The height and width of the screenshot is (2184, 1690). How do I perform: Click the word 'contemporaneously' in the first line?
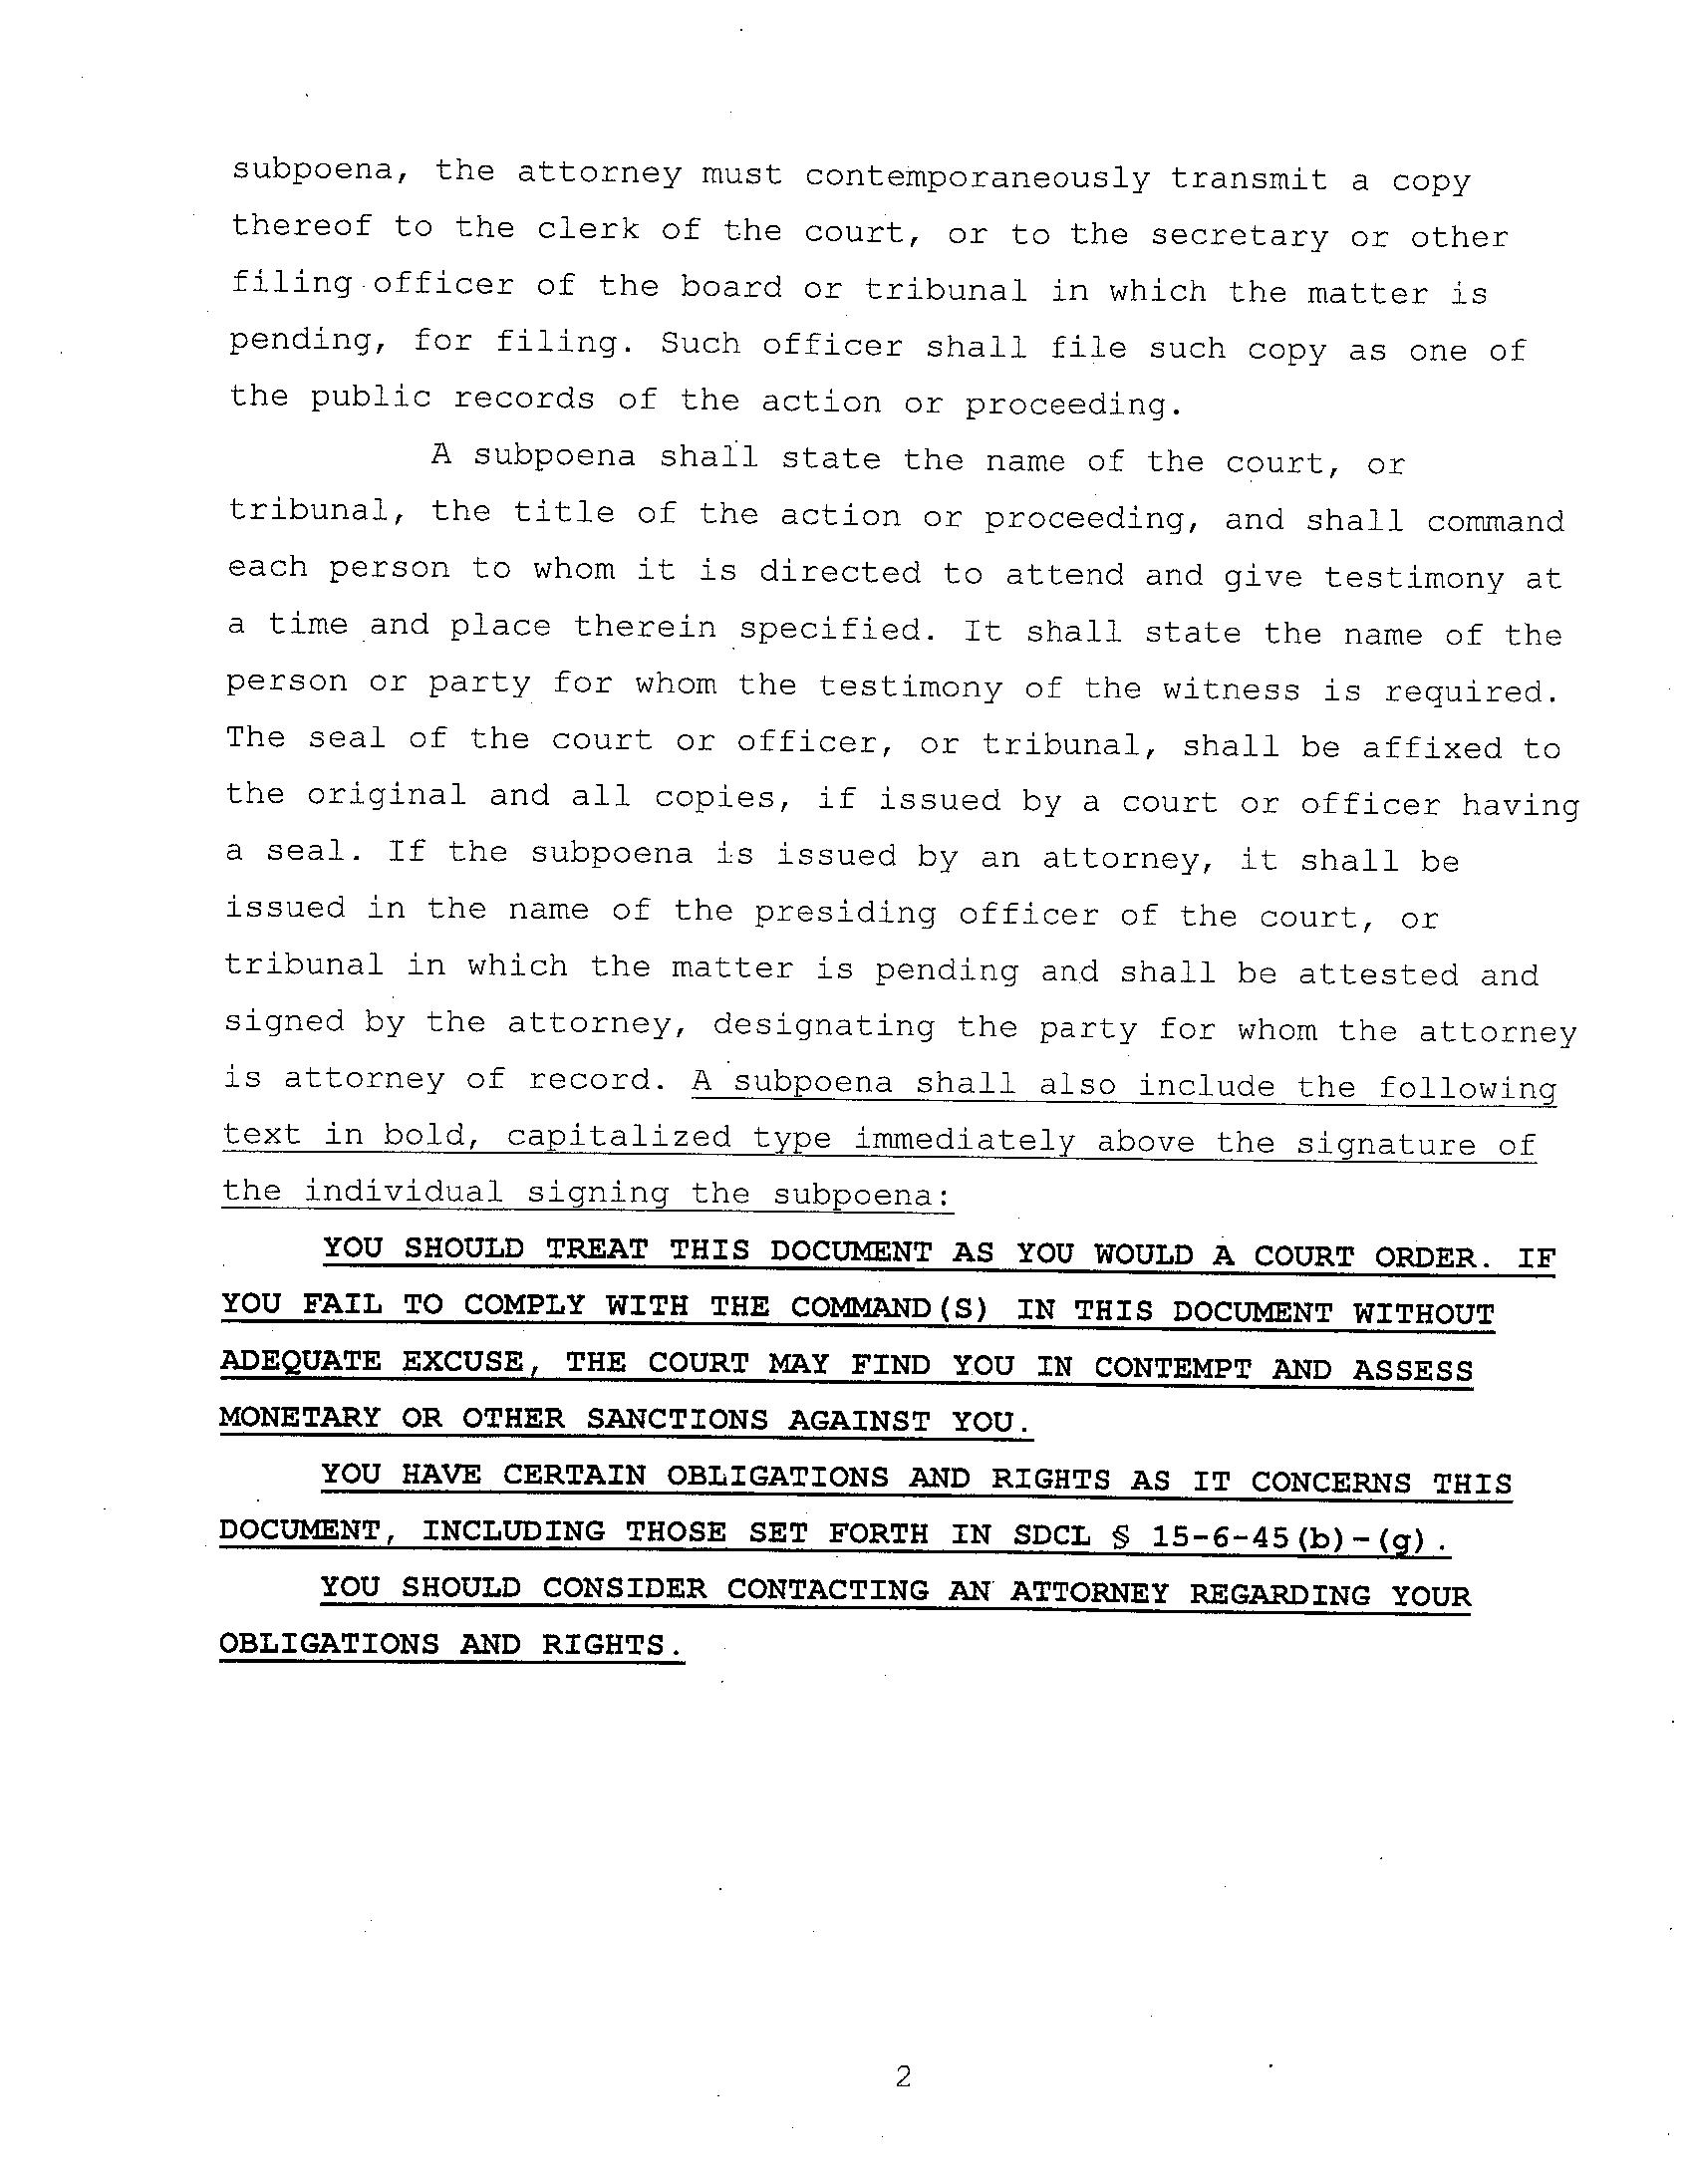[x=977, y=177]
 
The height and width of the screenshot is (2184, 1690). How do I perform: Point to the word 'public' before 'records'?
[x=370, y=397]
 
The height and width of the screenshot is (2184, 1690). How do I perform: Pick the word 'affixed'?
[x=1432, y=747]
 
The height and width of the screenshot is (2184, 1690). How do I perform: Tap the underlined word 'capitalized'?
[x=619, y=1137]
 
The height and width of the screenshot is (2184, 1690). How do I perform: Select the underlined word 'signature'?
[x=1385, y=1143]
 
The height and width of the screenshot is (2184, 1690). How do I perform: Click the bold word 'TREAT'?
[x=596, y=1250]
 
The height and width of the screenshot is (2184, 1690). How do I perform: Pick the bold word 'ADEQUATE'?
[x=301, y=1361]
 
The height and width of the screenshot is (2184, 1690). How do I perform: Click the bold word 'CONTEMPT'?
[x=1172, y=1367]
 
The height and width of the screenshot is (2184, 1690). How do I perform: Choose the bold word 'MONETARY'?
[x=300, y=1417]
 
